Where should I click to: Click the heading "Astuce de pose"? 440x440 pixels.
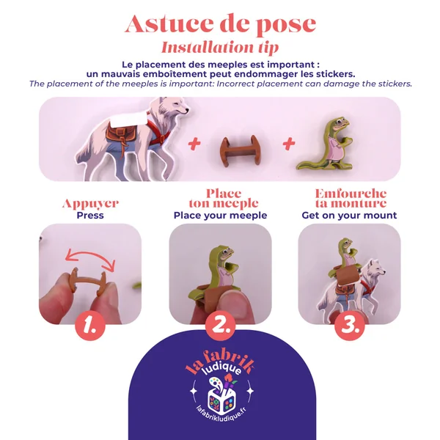click(x=221, y=24)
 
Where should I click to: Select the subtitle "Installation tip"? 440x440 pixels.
click(x=220, y=48)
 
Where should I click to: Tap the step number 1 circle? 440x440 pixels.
click(x=90, y=326)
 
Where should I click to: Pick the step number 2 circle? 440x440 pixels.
click(x=220, y=326)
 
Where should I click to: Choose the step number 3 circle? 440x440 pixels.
click(x=349, y=326)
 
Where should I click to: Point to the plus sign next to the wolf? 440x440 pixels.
click(x=194, y=144)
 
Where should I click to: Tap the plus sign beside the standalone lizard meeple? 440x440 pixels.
click(x=289, y=144)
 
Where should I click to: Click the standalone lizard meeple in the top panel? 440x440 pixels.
click(x=326, y=144)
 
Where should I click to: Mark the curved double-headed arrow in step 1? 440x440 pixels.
click(x=90, y=254)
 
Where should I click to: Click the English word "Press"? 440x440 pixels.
click(x=90, y=216)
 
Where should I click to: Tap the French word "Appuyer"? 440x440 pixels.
click(x=90, y=204)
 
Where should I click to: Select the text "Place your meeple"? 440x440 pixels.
click(x=220, y=216)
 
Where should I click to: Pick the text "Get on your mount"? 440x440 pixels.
click(x=349, y=216)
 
